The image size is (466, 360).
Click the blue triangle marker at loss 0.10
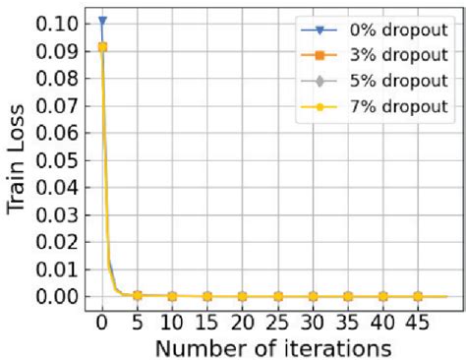click(102, 21)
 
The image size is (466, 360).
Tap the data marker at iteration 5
click(138, 295)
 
